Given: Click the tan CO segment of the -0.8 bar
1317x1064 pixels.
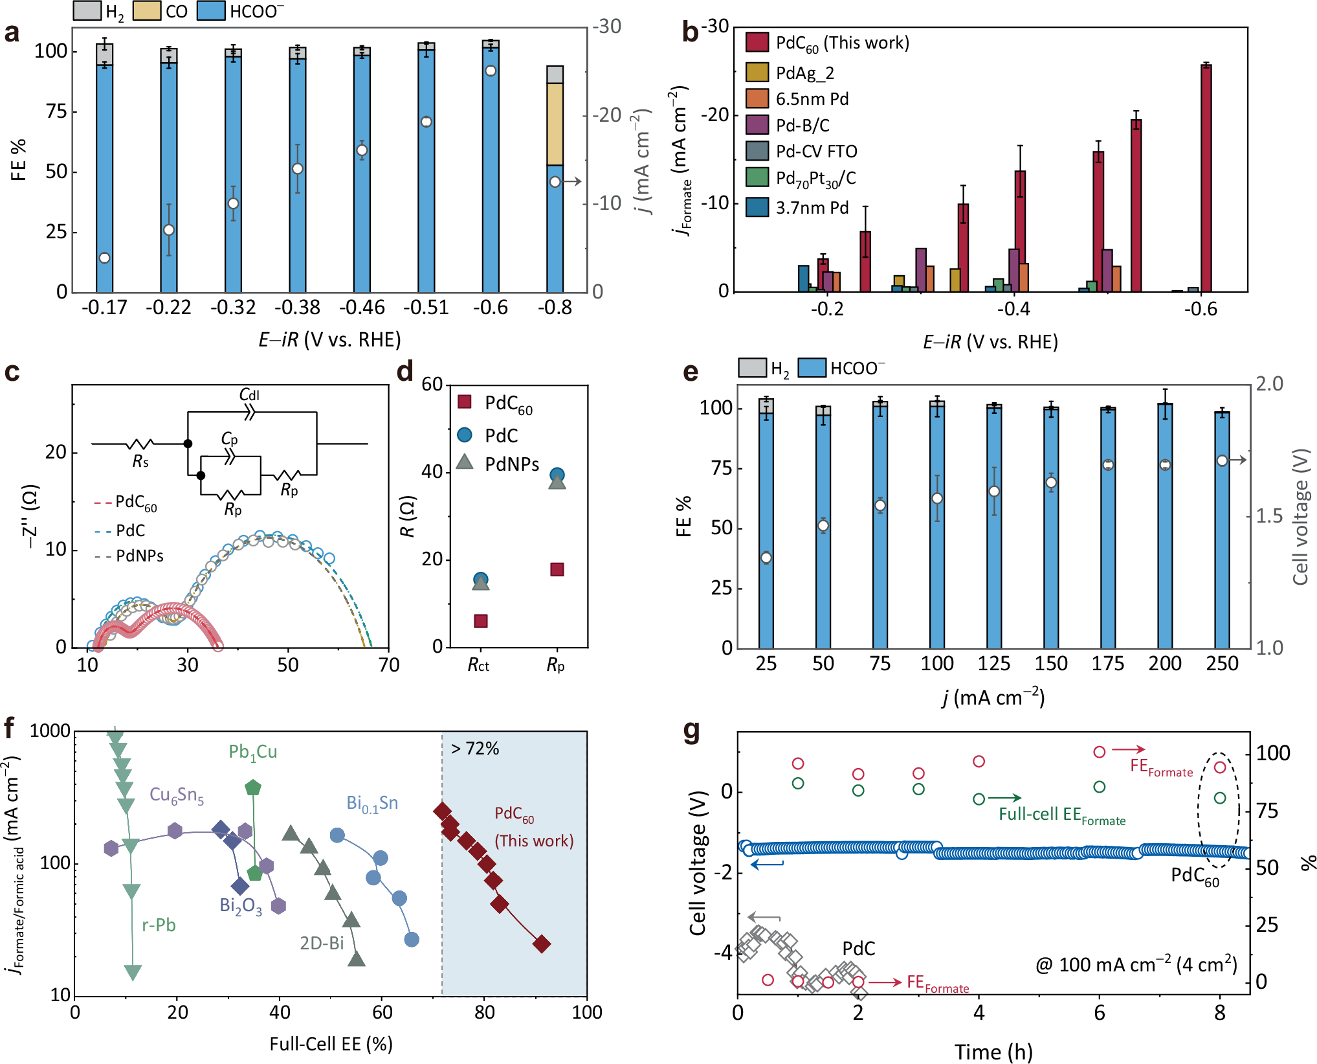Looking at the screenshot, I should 555,124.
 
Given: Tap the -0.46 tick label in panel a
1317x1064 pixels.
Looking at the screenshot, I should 362,308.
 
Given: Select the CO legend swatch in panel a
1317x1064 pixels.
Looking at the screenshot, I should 146,11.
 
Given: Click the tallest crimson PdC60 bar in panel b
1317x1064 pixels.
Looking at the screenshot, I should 1206,178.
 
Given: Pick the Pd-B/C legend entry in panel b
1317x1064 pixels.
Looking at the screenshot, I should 802,125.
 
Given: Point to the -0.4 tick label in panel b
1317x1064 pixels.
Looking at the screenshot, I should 1013,309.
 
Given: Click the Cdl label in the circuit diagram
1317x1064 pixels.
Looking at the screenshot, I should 249,395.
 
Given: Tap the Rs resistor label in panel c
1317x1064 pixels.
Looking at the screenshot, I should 140,461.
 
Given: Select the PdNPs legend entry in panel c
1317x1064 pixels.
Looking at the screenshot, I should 139,556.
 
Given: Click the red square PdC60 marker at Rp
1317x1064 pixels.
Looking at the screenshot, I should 557,569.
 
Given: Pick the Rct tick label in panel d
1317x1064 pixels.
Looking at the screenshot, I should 479,665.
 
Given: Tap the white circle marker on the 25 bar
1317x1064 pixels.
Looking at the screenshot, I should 766,558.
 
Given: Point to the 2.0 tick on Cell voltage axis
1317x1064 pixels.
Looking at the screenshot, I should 1269,384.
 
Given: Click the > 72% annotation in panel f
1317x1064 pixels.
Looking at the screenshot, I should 475,749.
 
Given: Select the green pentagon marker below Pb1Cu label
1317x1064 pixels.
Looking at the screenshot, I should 253,787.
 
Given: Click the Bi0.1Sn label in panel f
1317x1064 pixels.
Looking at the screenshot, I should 372,804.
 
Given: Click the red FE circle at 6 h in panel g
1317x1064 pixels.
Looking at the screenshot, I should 1099,752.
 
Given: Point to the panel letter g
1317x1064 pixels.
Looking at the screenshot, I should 691,730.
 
